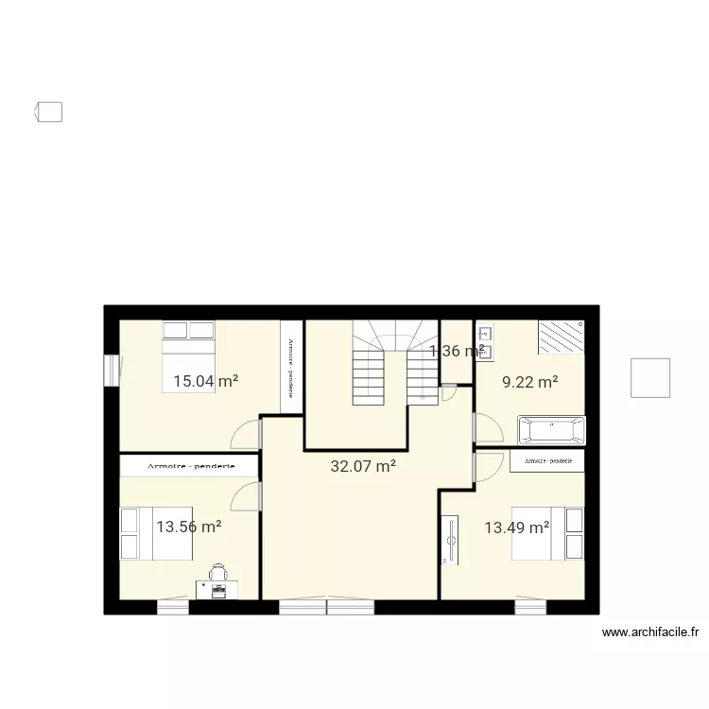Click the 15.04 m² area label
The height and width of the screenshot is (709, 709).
[x=205, y=382]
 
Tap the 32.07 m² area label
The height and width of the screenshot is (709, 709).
[x=363, y=465]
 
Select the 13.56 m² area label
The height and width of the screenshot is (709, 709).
[x=189, y=527]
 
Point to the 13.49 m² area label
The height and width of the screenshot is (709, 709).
[x=516, y=527]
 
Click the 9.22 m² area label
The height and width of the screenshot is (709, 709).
[x=529, y=382]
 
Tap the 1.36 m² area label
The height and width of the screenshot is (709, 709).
[x=457, y=351]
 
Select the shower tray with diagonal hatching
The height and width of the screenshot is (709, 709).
[x=561, y=337]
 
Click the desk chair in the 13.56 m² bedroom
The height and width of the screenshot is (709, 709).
[x=218, y=573]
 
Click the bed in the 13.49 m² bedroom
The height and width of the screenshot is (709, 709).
[x=548, y=533]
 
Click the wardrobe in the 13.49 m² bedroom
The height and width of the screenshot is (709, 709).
[x=546, y=460]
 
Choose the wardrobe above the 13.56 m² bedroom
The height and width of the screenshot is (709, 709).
[x=189, y=465]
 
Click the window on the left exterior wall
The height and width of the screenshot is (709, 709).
[x=112, y=369]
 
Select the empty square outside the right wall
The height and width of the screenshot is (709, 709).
[x=650, y=378]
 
